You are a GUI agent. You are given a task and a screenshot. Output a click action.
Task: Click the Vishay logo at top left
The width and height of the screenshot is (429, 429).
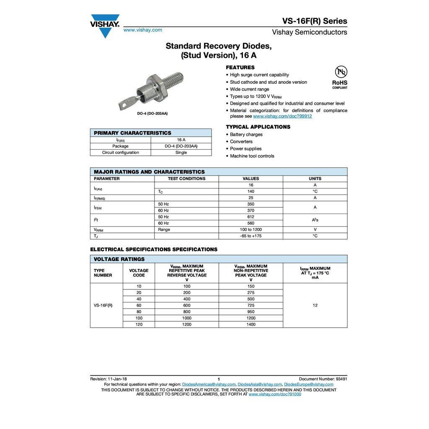(105, 25)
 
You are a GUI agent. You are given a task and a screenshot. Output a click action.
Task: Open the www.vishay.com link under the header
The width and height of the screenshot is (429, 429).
(142, 30)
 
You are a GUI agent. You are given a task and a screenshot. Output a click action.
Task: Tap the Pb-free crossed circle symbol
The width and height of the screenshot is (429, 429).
(341, 72)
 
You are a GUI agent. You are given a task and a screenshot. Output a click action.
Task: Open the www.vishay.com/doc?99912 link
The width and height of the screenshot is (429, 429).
(282, 116)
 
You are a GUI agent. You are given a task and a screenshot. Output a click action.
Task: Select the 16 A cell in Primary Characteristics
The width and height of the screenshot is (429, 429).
(181, 140)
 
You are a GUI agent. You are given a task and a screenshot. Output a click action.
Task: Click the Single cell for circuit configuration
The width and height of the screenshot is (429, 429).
(181, 152)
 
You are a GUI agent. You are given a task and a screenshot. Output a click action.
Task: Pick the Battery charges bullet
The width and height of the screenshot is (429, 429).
(246, 134)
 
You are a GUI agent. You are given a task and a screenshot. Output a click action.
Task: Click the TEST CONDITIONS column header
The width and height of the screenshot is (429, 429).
(186, 178)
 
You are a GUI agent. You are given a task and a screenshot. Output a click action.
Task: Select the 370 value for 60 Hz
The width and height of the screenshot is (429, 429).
(251, 210)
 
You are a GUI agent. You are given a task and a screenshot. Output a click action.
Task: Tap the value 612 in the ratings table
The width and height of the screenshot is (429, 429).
(251, 217)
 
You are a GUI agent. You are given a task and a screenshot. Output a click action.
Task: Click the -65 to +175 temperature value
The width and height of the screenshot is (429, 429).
(251, 236)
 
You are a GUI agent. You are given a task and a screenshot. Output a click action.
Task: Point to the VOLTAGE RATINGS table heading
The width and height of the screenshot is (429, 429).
(119, 259)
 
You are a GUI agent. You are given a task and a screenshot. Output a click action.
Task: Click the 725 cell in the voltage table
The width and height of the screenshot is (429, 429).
(251, 305)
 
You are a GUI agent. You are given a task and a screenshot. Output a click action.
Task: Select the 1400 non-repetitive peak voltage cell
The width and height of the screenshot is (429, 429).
(251, 324)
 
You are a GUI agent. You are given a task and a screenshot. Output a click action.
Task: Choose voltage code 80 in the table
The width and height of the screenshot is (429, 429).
(139, 312)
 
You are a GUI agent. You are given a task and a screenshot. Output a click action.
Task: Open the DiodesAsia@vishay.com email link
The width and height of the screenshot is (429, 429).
(259, 384)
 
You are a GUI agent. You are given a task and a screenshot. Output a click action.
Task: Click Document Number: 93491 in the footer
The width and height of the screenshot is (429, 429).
(323, 379)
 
